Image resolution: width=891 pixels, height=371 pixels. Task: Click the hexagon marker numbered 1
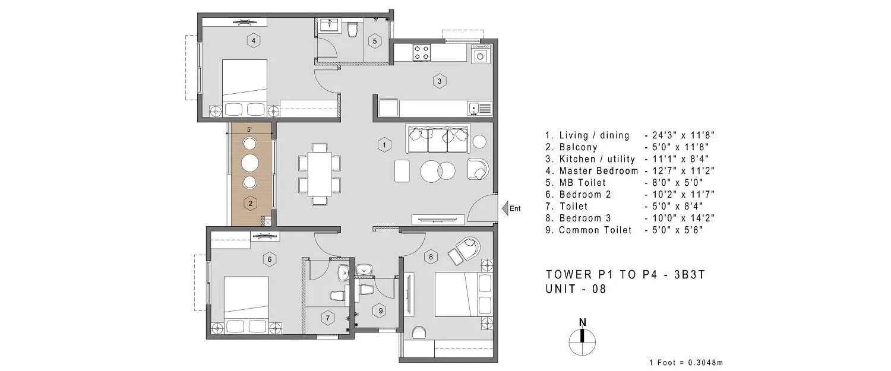coord(384,144)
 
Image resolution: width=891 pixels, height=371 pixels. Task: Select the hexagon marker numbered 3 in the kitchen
coord(438,81)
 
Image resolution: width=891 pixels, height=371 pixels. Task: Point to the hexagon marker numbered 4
coord(254,40)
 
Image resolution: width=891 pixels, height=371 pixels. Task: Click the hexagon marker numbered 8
coord(431,257)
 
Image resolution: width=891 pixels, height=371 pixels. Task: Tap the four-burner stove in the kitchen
coord(421,53)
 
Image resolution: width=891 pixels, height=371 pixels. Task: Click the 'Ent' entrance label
coord(515,208)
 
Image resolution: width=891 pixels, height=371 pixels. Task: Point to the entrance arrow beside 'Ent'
coord(504,208)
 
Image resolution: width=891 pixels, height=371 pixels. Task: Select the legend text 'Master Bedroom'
coord(599,171)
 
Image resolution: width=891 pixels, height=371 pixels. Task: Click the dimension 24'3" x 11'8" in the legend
coord(679,135)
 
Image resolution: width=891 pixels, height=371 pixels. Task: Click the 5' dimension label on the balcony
coord(250,129)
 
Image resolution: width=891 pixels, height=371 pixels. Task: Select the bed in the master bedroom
coord(244,83)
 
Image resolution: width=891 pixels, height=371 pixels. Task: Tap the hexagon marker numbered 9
coord(381,309)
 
